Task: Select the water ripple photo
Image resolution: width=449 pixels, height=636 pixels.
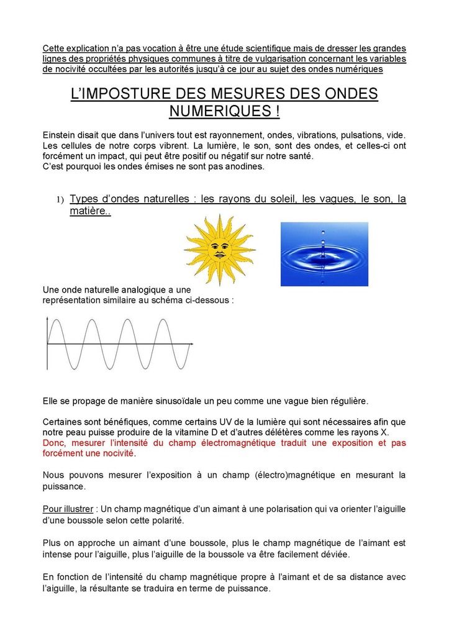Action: (x=324, y=254)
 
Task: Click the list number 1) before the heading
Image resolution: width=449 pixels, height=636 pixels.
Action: (x=60, y=199)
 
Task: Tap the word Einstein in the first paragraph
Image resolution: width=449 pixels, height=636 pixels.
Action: (x=60, y=135)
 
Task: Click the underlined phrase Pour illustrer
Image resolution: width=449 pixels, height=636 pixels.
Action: (x=68, y=509)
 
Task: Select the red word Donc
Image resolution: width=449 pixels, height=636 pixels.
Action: (x=55, y=443)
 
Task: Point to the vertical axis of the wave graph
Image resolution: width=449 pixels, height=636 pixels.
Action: (x=47, y=343)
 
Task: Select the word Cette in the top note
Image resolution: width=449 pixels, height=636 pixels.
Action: (x=55, y=48)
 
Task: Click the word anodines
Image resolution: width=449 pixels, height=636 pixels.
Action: (x=247, y=166)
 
